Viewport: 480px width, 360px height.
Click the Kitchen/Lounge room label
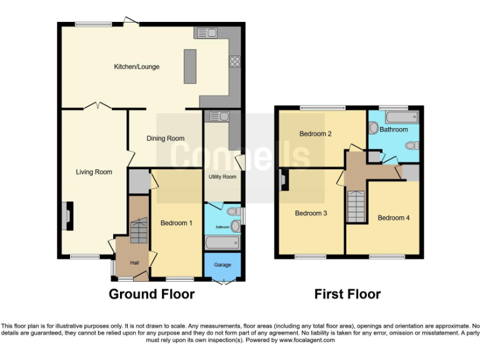(136, 66)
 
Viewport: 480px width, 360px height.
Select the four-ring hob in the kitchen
(235, 61)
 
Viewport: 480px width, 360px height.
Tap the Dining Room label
(166, 138)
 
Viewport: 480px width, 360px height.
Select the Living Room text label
(94, 172)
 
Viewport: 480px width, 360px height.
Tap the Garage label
(222, 264)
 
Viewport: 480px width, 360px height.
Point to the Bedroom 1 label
(176, 222)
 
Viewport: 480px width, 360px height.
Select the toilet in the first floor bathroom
(411, 146)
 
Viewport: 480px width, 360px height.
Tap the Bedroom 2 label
(315, 134)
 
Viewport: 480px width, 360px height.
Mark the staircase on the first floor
(357, 207)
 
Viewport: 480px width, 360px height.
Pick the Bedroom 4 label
(394, 217)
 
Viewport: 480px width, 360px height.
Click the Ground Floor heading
(152, 294)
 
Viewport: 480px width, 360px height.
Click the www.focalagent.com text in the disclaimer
(307, 340)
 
